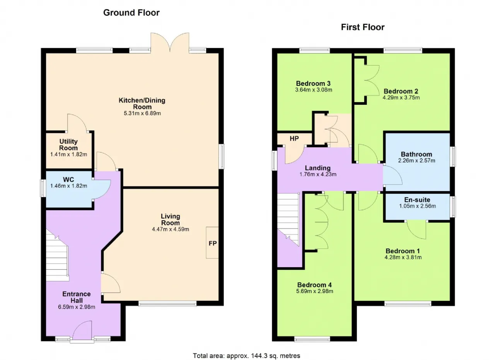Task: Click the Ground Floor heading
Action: pyautogui.click(x=131, y=13)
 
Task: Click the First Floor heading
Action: pyautogui.click(x=363, y=27)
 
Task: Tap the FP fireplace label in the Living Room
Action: pyautogui.click(x=213, y=243)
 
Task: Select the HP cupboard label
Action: pyautogui.click(x=294, y=138)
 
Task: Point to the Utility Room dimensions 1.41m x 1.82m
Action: pyautogui.click(x=69, y=154)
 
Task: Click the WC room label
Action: pyautogui.click(x=68, y=179)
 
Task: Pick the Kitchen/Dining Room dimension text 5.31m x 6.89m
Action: pyautogui.click(x=142, y=113)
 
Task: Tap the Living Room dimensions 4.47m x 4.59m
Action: pyautogui.click(x=171, y=229)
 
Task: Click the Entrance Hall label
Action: pyautogui.click(x=77, y=297)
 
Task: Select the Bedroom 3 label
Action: pyautogui.click(x=313, y=84)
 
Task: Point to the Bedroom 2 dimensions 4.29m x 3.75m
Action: pyautogui.click(x=401, y=98)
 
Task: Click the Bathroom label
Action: pyautogui.click(x=416, y=154)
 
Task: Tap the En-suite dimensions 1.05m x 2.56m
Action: pyautogui.click(x=417, y=206)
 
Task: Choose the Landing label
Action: pyautogui.click(x=318, y=168)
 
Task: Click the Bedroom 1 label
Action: pyautogui.click(x=403, y=251)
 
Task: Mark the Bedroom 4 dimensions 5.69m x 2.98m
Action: pyautogui.click(x=315, y=291)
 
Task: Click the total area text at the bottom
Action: pyautogui.click(x=247, y=356)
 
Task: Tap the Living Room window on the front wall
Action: pyautogui.click(x=167, y=304)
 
